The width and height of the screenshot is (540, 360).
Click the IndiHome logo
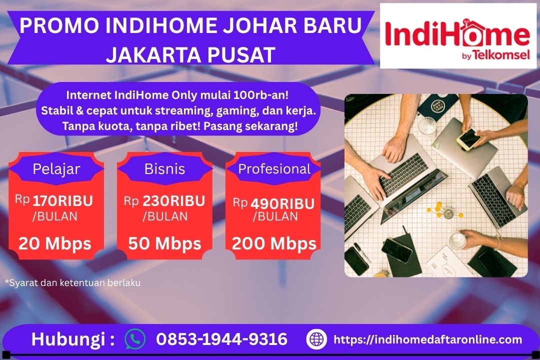457,36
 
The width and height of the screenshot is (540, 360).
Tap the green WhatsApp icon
135,339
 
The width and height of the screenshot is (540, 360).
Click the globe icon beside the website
316,339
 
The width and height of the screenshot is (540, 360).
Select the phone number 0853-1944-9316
221,339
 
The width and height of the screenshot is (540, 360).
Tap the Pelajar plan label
56,169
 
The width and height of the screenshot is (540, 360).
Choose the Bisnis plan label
164,169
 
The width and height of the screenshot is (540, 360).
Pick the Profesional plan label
274,169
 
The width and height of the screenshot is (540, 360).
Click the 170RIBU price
63,201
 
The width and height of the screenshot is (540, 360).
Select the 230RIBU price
173,201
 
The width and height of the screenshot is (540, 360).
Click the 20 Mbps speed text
55,243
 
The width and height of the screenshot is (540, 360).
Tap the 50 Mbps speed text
164,243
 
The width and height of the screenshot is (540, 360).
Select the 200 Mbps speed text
274,243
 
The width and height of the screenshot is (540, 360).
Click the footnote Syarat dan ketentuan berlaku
72,283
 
